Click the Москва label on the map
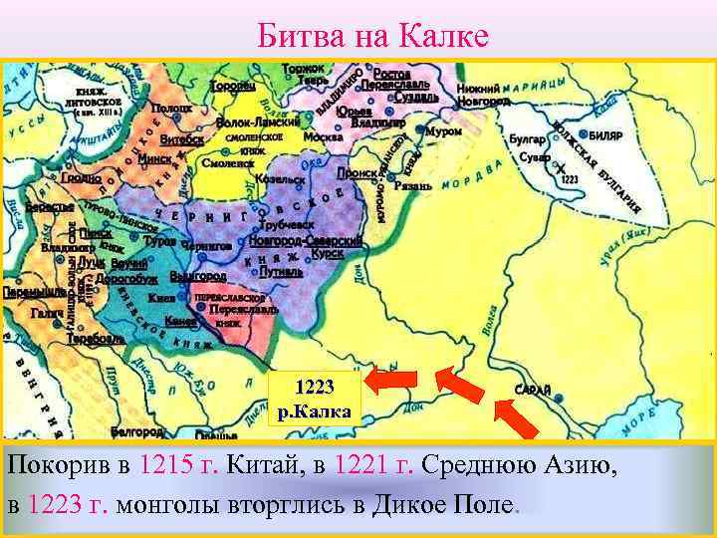click(324, 135)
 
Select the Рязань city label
click(412, 185)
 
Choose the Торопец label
click(233, 87)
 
